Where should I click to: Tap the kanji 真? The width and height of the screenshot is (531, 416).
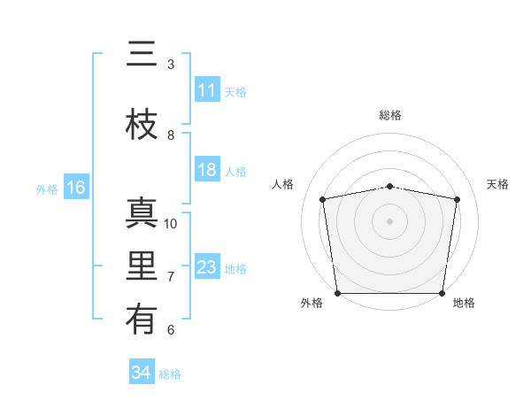point(141,213)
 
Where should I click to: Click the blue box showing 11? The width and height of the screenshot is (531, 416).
point(207,90)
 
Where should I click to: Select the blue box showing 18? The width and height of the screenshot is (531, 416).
point(207,170)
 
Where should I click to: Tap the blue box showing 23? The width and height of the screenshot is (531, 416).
point(207,267)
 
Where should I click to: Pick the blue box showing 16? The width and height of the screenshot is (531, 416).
point(75,188)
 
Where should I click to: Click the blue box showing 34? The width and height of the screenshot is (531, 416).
point(141,373)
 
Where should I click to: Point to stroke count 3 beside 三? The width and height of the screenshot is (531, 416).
point(171,65)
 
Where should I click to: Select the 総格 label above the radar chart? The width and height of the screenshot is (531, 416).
point(390,115)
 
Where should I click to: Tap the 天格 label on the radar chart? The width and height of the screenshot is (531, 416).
point(497,184)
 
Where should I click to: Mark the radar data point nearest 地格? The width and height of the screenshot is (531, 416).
point(442,293)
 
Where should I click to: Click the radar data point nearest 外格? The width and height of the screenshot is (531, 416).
point(337,293)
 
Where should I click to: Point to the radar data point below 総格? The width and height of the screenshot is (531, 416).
point(390,186)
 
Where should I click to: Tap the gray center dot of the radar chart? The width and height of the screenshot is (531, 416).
point(390,220)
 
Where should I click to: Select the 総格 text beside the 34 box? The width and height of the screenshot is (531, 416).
point(170,374)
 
